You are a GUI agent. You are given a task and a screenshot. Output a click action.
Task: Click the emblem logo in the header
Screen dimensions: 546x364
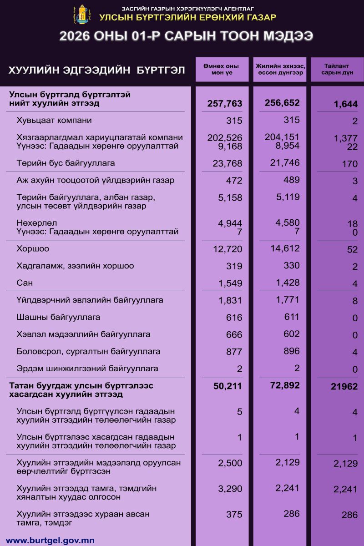coord(81,14)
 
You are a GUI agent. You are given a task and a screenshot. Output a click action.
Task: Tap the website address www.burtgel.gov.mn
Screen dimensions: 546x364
coord(50,541)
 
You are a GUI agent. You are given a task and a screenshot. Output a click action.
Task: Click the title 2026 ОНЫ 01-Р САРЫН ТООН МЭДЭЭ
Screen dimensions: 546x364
coord(186,36)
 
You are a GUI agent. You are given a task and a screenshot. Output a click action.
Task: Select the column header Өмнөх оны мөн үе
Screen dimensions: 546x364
coord(222,70)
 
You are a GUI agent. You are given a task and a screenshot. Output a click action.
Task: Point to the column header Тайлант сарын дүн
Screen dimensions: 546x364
coord(337,70)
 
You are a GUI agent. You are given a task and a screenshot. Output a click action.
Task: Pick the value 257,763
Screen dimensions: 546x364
coord(222,104)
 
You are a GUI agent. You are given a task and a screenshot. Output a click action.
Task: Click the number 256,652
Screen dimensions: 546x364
coord(282,103)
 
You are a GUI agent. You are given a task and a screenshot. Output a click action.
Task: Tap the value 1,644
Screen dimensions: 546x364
coord(345,105)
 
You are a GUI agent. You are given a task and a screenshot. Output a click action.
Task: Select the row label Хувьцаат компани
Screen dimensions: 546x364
coord(54,121)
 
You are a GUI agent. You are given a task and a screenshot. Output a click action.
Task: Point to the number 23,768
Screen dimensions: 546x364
coord(227,163)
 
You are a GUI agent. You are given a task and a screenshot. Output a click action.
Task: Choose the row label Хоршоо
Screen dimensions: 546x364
coord(33,249)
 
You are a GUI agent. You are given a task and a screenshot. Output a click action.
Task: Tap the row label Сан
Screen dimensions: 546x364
coord(25,283)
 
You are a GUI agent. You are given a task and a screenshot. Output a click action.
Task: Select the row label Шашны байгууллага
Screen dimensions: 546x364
coord(58,317)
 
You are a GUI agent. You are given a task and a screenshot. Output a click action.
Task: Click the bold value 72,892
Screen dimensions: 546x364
coord(282,385)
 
